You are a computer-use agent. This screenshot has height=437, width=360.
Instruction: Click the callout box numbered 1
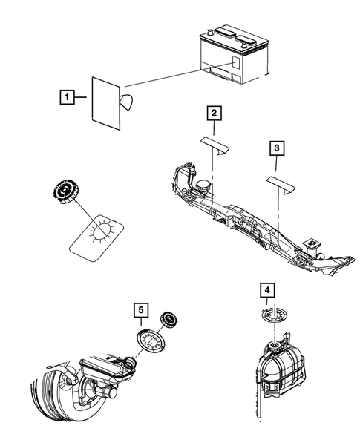pyautogui.click(x=66, y=96)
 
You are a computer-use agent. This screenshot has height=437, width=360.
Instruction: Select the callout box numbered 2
pyautogui.click(x=214, y=114)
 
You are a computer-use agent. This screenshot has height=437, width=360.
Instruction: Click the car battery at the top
pyautogui.click(x=232, y=56)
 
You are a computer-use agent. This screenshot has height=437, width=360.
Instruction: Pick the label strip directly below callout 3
pyautogui.click(x=280, y=182)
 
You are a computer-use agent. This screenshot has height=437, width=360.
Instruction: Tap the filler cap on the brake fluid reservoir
pyautogui.click(x=131, y=364)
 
